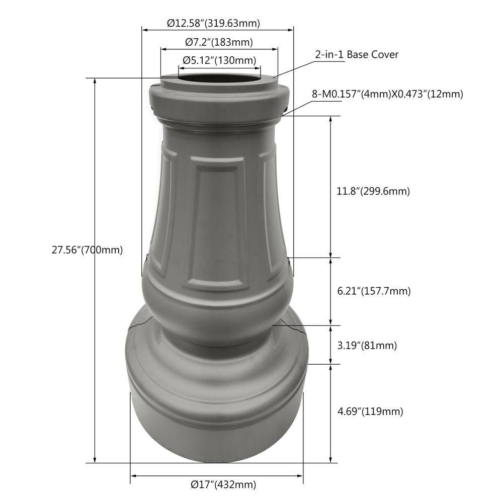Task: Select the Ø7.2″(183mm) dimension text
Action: coord(219,42)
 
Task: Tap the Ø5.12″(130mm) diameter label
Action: coord(219,61)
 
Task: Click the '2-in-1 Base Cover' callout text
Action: coord(357,54)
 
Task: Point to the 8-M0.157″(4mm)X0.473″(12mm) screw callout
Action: coord(387,94)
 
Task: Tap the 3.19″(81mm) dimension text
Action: coord(367,346)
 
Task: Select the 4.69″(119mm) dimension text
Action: coord(370,411)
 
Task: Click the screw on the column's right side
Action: coord(289,261)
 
